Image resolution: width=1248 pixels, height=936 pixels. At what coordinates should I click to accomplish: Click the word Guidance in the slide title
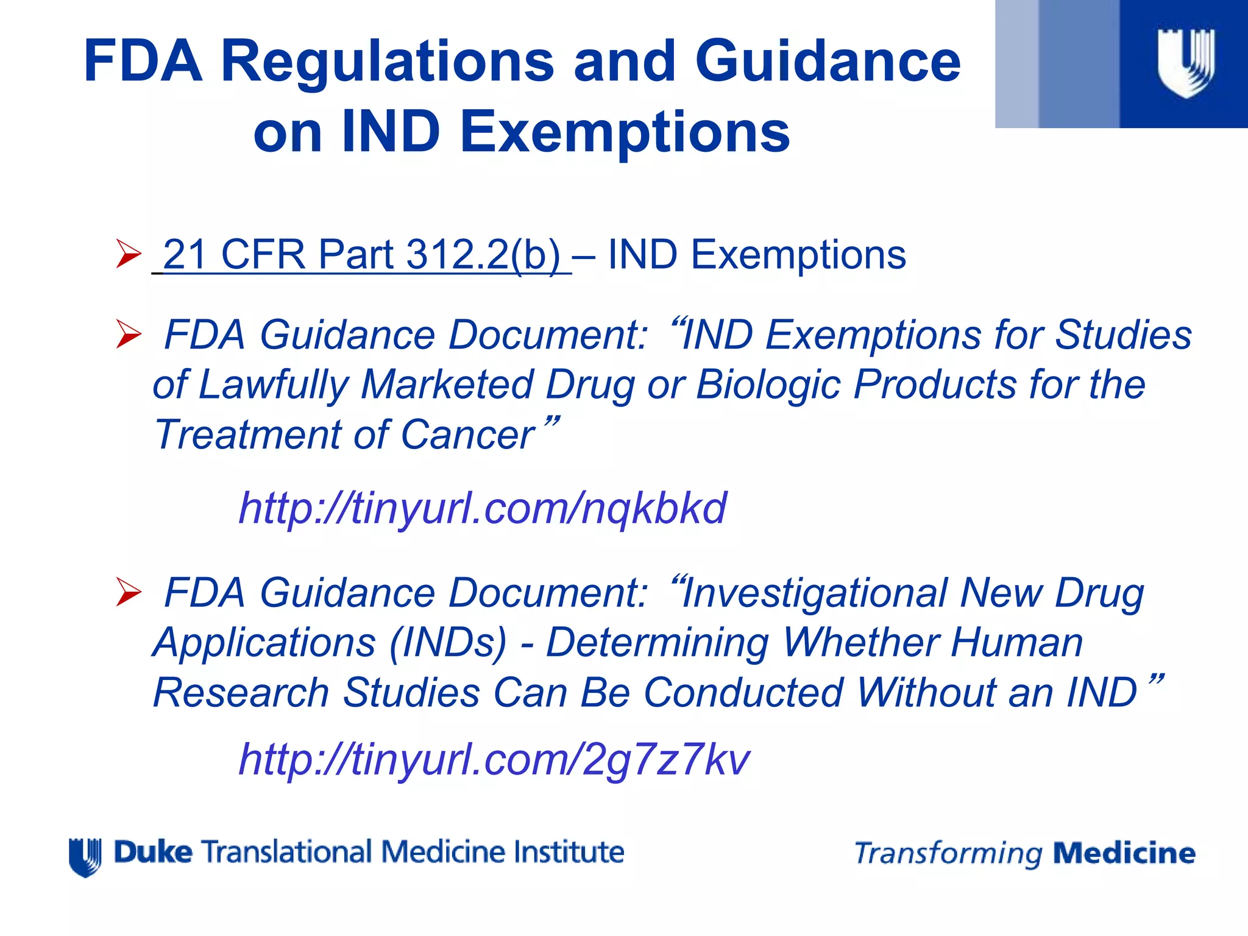click(x=828, y=61)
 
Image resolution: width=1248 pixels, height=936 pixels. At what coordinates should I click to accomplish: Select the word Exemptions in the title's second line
click(x=625, y=132)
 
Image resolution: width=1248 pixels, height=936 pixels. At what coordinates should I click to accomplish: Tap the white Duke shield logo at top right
click(x=1186, y=63)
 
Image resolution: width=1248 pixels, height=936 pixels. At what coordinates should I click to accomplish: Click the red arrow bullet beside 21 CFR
click(x=129, y=254)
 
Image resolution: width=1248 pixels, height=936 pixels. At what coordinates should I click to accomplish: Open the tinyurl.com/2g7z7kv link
click(x=494, y=759)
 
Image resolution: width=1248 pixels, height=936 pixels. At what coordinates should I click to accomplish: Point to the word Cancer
click(x=467, y=435)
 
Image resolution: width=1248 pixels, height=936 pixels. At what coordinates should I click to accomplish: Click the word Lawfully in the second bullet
click(x=274, y=385)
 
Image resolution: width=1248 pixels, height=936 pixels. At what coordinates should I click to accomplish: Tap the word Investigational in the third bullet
click(x=814, y=593)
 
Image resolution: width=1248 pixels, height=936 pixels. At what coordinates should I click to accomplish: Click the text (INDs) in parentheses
click(x=448, y=643)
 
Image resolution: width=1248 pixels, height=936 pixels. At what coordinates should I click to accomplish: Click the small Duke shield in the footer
click(x=85, y=857)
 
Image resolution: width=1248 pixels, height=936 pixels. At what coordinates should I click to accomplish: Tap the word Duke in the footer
click(x=153, y=852)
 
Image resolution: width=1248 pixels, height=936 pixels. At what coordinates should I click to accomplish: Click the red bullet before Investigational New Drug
click(x=129, y=593)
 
